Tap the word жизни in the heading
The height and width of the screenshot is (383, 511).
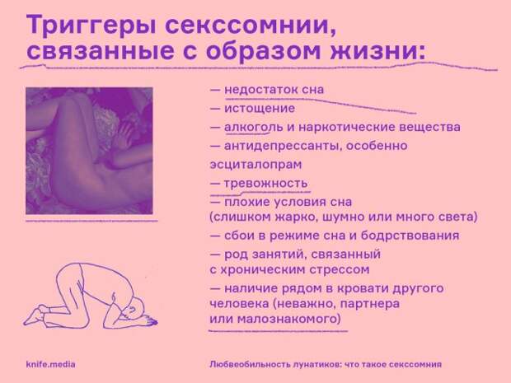pos(378,50)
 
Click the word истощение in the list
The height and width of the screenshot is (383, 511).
pos(260,108)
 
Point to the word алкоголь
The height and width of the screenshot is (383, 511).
pos(253,127)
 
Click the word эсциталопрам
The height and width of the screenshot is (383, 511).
pos(255,165)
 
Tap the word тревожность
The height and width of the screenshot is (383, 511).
pos(265,183)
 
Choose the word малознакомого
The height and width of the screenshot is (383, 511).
pos(288,318)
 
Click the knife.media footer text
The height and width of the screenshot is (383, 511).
pos(50,364)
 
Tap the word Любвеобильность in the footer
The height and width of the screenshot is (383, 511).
pos(249,364)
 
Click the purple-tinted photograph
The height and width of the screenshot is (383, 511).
pos(89,151)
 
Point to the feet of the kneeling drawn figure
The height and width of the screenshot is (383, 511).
pos(35,315)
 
